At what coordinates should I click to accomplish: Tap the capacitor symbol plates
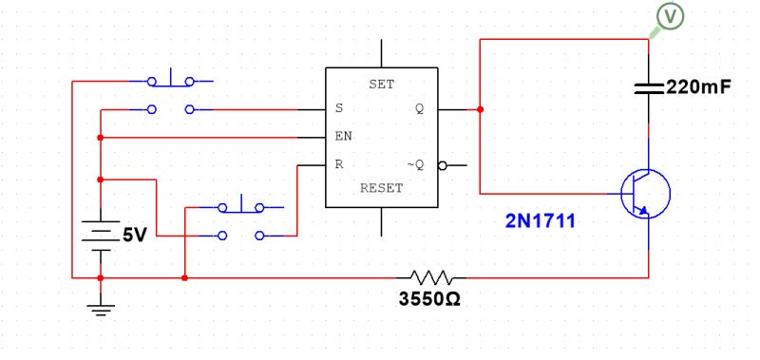(649, 88)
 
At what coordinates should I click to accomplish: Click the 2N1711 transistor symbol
(646, 194)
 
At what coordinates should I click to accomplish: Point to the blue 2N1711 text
(540, 221)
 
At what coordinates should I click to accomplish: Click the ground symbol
(100, 306)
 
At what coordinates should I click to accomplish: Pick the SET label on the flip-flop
(381, 85)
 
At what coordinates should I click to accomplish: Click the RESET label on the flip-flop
(381, 188)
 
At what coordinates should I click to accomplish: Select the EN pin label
(343, 137)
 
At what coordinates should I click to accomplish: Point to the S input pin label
(339, 108)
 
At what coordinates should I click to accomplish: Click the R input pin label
(339, 164)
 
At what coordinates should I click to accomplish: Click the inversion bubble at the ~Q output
(442, 165)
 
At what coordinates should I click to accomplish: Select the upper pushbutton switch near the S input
(172, 93)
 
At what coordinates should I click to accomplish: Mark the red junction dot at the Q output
(480, 109)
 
